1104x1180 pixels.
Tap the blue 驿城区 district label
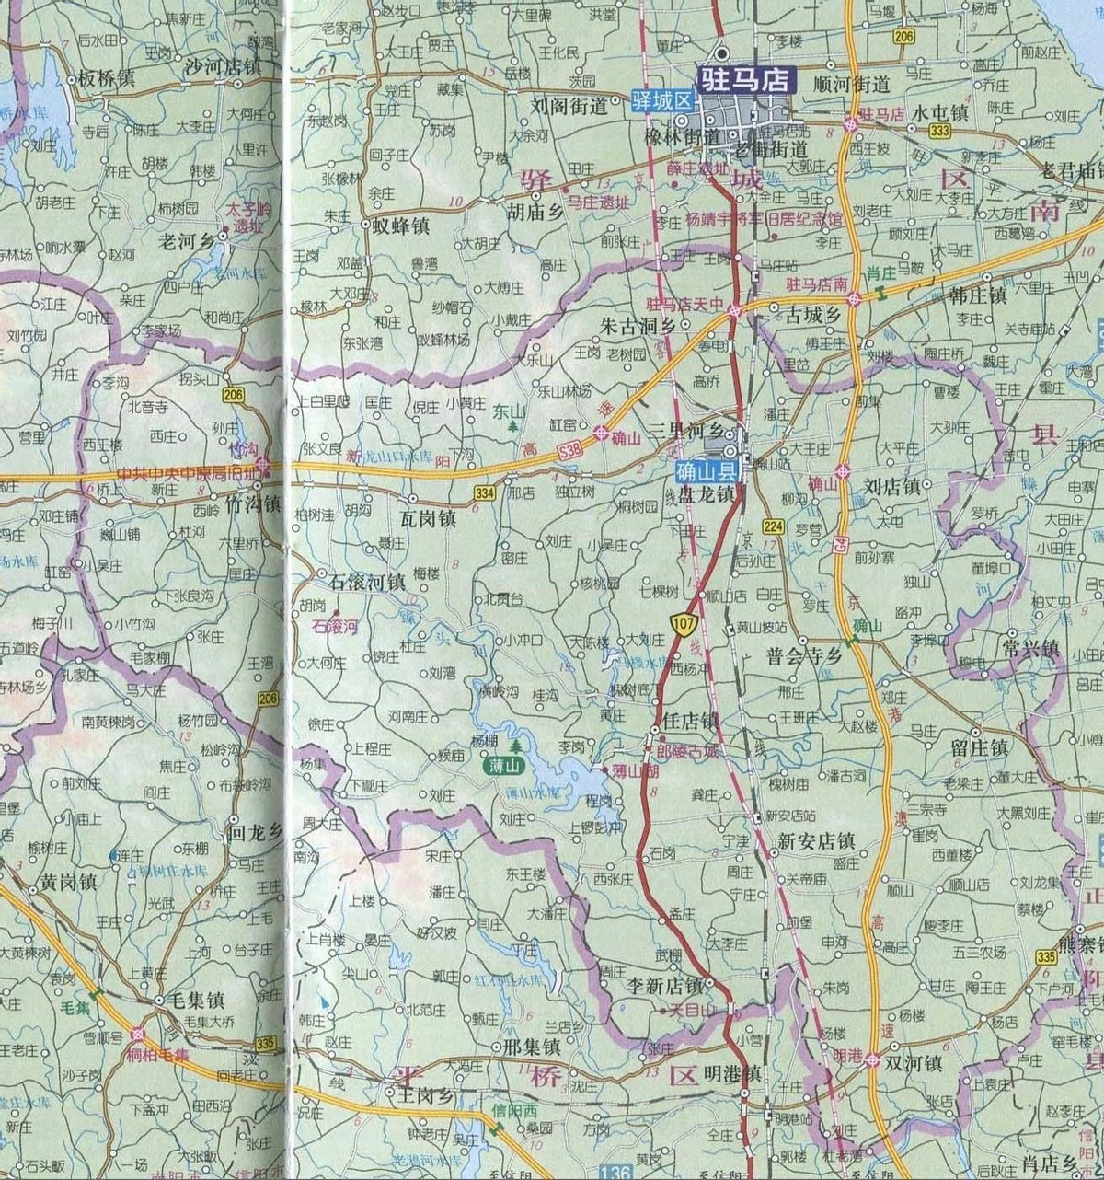pyautogui.click(x=661, y=100)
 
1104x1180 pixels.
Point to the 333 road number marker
pyautogui.click(x=939, y=132)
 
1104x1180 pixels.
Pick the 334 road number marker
pyautogui.click(x=485, y=493)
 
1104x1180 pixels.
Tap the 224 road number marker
pyautogui.click(x=773, y=526)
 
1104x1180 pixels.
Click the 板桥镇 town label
pyautogui.click(x=107, y=78)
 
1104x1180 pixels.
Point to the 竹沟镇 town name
pyautogui.click(x=250, y=505)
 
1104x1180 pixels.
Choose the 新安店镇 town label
pyautogui.click(x=816, y=840)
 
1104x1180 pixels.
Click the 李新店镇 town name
pyautogui.click(x=664, y=985)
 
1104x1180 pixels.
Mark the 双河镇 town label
pyautogui.click(x=913, y=1062)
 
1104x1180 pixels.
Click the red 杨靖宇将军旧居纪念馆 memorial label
pyautogui.click(x=764, y=221)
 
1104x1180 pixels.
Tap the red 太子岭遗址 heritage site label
pyautogui.click(x=238, y=216)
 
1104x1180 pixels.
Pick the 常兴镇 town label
pyautogui.click(x=1033, y=649)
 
